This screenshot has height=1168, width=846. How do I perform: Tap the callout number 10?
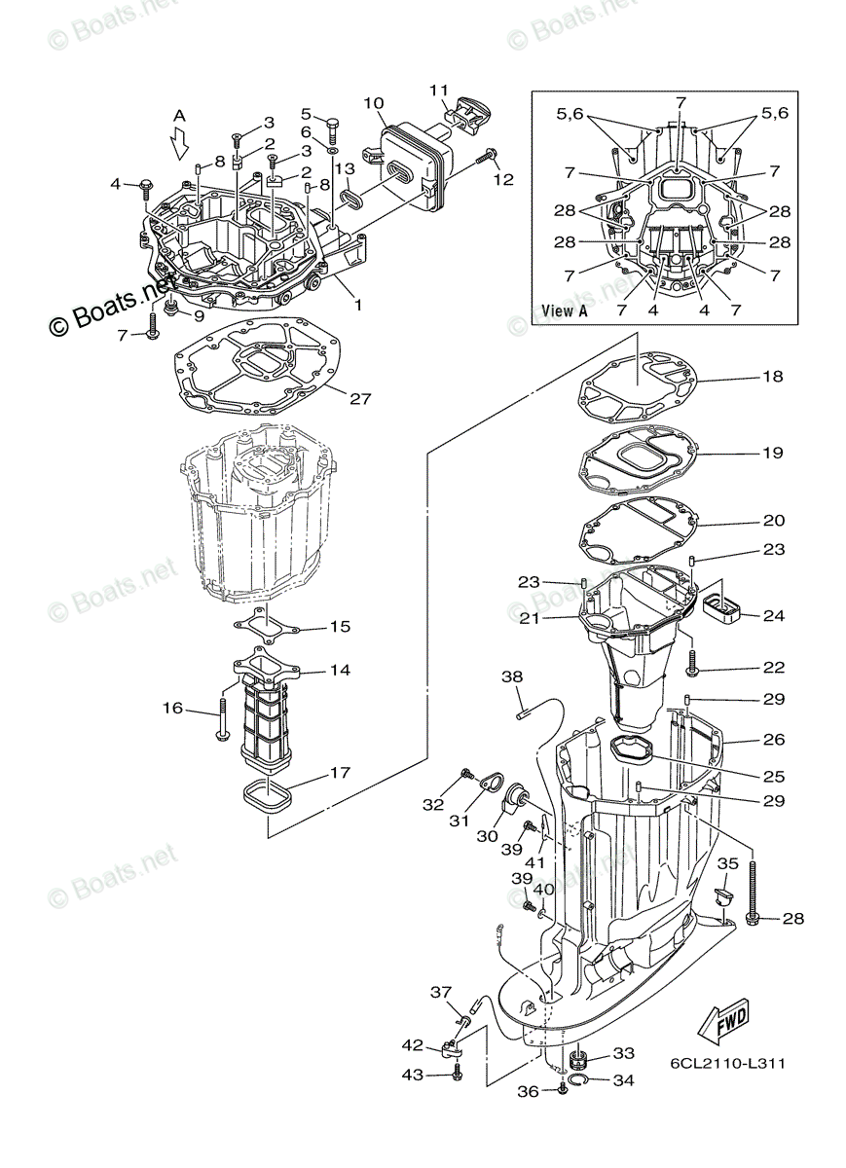coord(375,102)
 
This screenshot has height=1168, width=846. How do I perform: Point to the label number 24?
coord(774,615)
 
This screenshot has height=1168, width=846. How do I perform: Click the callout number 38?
coord(512,676)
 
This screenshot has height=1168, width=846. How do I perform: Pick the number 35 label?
coord(728,863)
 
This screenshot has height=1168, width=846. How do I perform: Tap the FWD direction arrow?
coord(720,1021)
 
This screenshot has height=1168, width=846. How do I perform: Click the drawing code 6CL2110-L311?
coord(727,1063)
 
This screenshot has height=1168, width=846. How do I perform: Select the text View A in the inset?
coord(565,311)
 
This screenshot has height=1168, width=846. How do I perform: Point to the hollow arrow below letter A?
coord(179,145)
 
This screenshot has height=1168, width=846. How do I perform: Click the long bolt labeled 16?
coord(224,716)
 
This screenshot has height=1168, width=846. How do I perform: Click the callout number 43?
coord(413,1074)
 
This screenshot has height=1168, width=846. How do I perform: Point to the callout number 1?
coord(358,305)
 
